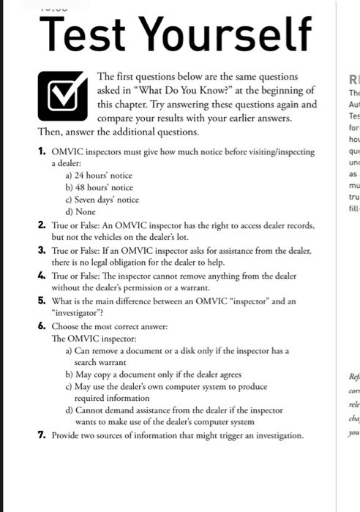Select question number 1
[43, 151]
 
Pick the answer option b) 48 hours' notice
[100, 187]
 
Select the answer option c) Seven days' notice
[102, 200]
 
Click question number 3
[43, 250]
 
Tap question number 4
[43, 275]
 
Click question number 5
[43, 300]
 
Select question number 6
[43, 325]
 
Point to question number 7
[43, 435]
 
